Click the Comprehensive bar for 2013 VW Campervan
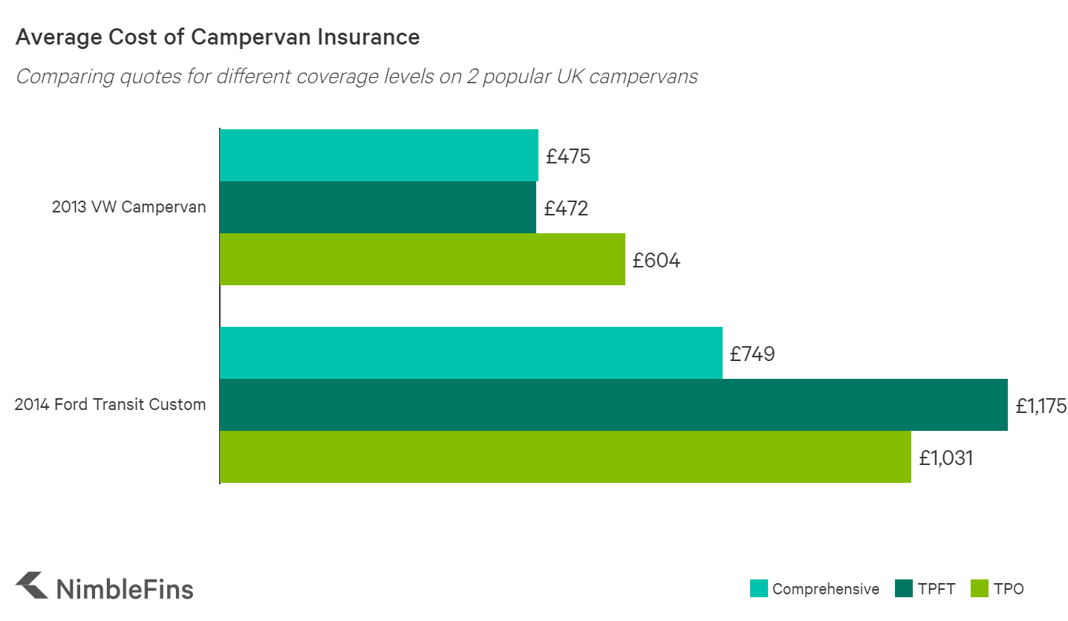click(379, 155)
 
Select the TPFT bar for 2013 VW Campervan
click(378, 207)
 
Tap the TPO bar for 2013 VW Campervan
click(422, 259)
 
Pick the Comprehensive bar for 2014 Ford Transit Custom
click(471, 353)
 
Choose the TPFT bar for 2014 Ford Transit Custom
click(613, 405)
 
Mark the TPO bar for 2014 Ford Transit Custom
click(565, 457)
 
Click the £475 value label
click(568, 157)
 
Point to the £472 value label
click(566, 209)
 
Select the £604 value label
click(657, 261)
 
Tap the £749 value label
click(752, 354)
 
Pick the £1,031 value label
click(945, 458)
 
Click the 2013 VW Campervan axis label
click(128, 207)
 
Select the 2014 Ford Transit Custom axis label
click(111, 405)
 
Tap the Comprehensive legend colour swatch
click(758, 589)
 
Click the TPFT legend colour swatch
click(904, 589)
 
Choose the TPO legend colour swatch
click(980, 589)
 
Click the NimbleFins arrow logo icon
click(32, 585)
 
